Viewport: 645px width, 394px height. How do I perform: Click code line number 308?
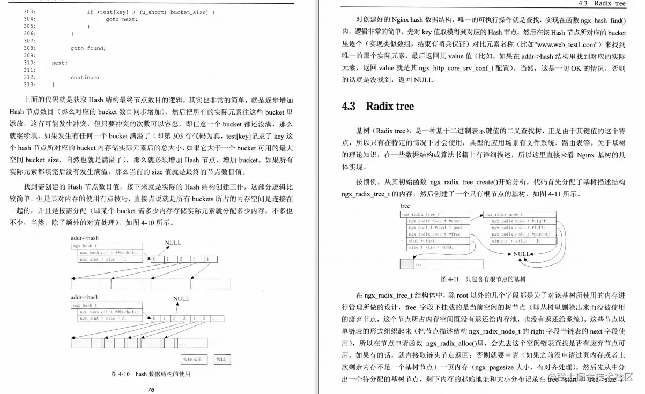[29, 48]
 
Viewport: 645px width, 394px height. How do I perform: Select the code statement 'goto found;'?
[88, 48]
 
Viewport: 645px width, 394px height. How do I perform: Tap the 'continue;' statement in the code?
[85, 77]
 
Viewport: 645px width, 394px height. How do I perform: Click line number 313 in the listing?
[29, 85]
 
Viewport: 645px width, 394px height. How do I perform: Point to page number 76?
[151, 390]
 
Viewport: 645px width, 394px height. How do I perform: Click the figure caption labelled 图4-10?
[151, 374]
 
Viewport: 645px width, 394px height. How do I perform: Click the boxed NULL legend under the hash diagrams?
[220, 359]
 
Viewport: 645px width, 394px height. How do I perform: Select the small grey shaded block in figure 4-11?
[406, 263]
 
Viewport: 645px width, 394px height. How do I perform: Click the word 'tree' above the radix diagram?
[405, 207]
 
